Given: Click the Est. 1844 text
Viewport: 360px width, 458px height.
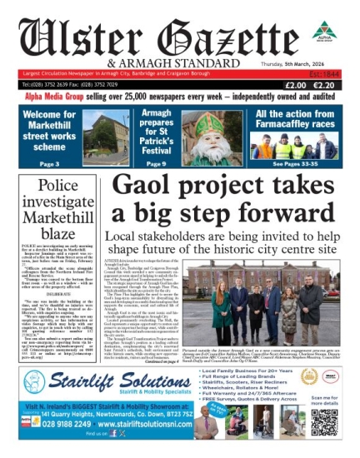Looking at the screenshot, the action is point(333,73).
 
